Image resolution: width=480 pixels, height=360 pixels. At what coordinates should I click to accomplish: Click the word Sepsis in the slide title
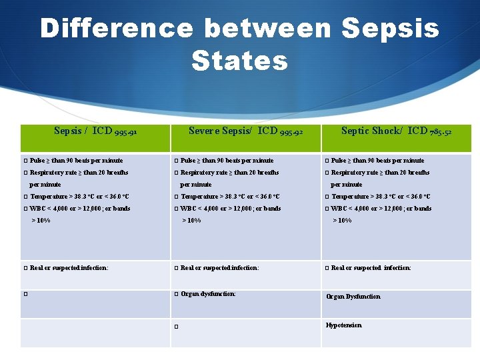tap(391, 29)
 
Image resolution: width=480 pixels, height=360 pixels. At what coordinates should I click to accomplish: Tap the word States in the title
tap(239, 61)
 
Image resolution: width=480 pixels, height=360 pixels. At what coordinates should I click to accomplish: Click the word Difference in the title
tap(117, 29)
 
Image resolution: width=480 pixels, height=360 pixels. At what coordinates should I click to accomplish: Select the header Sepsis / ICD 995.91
tap(95, 131)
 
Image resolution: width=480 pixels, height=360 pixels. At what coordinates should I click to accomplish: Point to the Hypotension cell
tap(343, 325)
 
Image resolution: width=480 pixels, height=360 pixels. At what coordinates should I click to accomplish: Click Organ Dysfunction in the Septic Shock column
tap(353, 297)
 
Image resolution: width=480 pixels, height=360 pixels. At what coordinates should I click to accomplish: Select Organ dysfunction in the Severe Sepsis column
tap(208, 293)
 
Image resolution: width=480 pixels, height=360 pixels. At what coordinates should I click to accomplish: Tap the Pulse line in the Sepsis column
tap(76, 161)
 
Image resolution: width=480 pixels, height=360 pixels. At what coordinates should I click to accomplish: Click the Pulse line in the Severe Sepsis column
tap(227, 161)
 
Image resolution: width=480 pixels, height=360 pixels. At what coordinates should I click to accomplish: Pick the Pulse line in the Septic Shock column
tap(377, 161)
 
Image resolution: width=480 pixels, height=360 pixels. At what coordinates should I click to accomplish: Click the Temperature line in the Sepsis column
tap(79, 197)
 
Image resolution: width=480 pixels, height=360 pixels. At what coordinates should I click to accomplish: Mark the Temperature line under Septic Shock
tap(381, 197)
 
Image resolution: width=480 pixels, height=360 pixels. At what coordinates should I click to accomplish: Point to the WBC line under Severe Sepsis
tap(231, 209)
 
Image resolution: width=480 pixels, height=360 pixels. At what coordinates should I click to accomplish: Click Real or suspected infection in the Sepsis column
tap(69, 268)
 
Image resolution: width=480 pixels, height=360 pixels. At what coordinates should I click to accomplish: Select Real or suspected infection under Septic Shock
tap(371, 268)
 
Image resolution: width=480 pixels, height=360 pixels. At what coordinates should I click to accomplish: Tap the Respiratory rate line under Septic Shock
tap(380, 173)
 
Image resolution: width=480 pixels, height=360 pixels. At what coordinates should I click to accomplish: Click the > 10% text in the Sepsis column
tap(41, 221)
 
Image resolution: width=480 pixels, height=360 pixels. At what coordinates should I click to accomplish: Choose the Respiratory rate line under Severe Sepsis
tap(229, 173)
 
